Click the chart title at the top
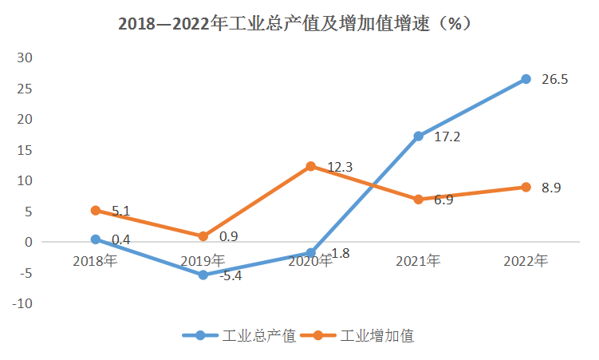coord(299,24)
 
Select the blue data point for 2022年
coord(526,79)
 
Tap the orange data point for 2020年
coord(311,166)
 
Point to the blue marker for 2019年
coord(203,275)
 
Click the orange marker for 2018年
coord(96,210)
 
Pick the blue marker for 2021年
coord(419,136)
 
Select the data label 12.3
coord(341,167)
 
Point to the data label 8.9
coord(553,188)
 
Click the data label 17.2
coord(447,136)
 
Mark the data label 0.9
coord(228,236)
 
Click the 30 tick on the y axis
coord(26,57)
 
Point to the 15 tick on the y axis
coord(26,150)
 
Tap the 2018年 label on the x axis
coord(95,260)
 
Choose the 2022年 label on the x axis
coord(526,260)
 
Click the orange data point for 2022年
coord(526,187)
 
